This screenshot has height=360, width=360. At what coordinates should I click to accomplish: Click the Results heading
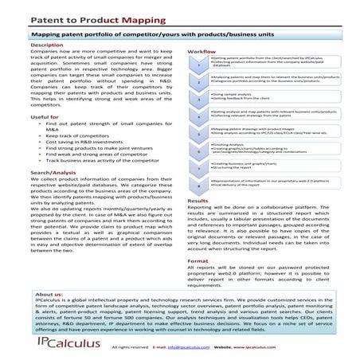tap(198, 202)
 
